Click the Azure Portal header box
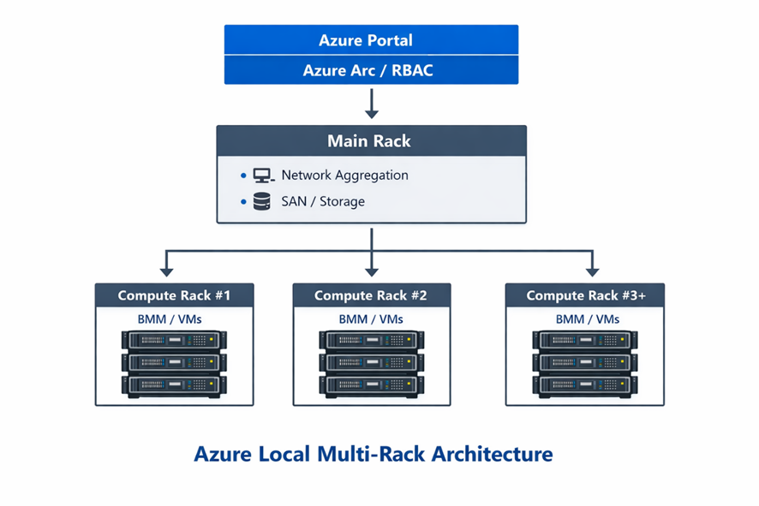tap(371, 40)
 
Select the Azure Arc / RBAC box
tap(371, 70)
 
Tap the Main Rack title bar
tap(371, 140)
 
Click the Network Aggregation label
tap(344, 176)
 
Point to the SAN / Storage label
tap(323, 202)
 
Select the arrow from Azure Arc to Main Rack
tap(371, 104)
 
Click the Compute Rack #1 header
tap(174, 295)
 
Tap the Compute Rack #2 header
tap(371, 295)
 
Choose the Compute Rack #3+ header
tap(584, 295)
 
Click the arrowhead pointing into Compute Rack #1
tap(167, 271)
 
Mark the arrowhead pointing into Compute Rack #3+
tap(591, 271)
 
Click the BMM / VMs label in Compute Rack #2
tap(371, 319)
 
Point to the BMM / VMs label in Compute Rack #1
tap(174, 319)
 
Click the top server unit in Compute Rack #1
tap(174, 341)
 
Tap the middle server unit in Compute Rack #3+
tap(584, 362)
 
